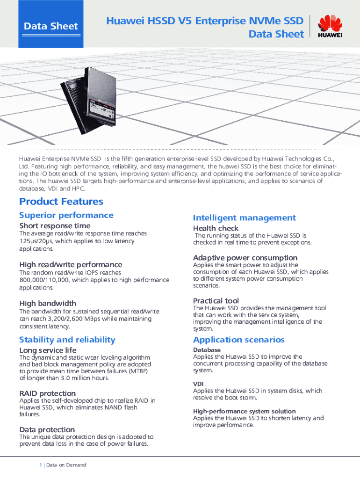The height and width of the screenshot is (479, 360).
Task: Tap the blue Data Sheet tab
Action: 51,26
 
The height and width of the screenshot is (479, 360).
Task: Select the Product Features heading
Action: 61,202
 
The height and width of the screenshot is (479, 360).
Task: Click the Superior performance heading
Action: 66,215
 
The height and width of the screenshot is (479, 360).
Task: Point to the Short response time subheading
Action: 55,226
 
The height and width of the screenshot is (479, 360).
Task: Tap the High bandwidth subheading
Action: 48,303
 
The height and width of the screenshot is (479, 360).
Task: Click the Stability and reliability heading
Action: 67,340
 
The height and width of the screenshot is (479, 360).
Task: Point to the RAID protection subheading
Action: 47,393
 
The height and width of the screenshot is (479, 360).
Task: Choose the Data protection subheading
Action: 47,429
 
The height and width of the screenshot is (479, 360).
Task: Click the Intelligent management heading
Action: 245,218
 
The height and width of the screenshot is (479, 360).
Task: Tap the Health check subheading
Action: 216,228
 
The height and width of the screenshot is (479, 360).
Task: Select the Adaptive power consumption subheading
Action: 245,258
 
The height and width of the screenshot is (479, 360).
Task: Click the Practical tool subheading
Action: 216,300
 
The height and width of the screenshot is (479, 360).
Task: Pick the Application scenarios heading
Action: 238,340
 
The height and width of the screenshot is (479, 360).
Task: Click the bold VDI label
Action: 198,384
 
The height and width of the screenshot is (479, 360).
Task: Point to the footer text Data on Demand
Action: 66,465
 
